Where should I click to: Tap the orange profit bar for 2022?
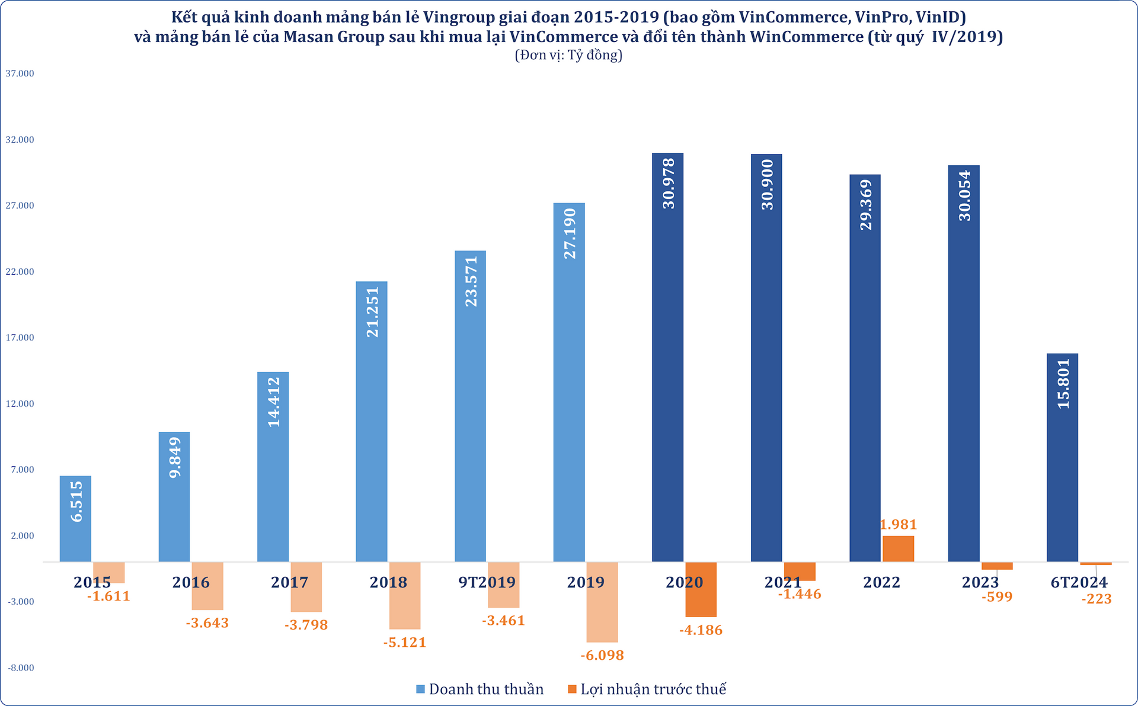point(898,549)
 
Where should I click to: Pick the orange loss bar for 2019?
point(602,602)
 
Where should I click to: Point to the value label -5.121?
point(405,643)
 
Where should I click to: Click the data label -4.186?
point(701,630)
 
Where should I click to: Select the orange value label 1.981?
point(898,525)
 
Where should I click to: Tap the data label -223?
point(1096,599)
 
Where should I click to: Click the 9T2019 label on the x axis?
point(487,582)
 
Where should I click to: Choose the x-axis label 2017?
point(289,583)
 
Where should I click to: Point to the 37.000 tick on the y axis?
point(20,73)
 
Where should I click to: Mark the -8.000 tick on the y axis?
point(21,668)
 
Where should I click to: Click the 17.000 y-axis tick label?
point(20,338)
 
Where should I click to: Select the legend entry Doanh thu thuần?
point(486,689)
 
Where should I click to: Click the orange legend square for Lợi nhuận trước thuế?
point(572,689)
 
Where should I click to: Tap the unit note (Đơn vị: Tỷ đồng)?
point(568,56)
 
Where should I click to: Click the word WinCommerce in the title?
point(806,37)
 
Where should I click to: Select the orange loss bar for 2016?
point(207,586)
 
